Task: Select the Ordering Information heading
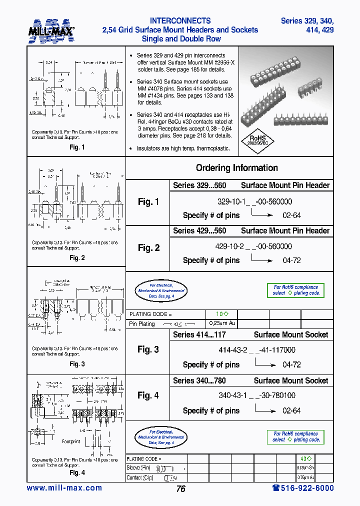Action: click(x=236, y=168)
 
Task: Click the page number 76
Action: click(x=180, y=489)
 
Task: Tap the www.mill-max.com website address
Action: click(x=64, y=488)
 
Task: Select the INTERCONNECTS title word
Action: click(x=180, y=21)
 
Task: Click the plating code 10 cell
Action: click(x=221, y=314)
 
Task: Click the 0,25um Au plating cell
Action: click(x=221, y=323)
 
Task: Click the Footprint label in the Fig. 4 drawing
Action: click(x=71, y=442)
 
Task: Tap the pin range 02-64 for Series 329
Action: click(x=291, y=215)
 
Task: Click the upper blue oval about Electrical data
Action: click(x=160, y=290)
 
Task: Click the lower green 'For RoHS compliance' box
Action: click(x=295, y=436)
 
